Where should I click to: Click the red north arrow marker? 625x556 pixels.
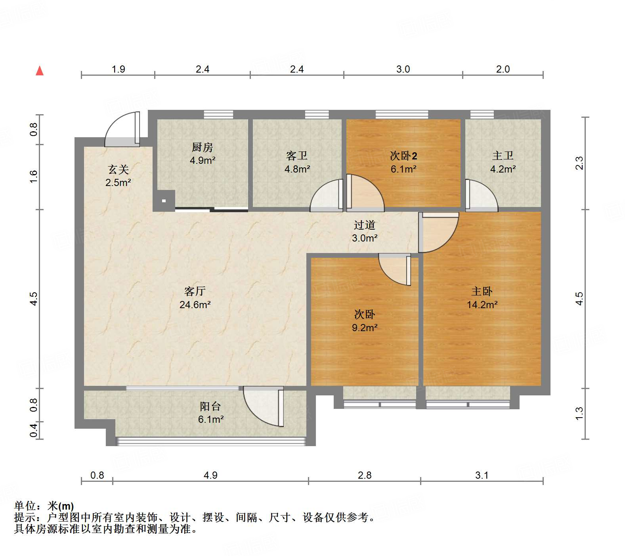(40, 71)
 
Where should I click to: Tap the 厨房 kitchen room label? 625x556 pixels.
(202, 154)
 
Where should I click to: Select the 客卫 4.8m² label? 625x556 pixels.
(297, 162)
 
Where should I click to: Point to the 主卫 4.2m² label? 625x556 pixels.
(503, 162)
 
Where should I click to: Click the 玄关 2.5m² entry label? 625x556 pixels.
(118, 176)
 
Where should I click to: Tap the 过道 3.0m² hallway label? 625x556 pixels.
(364, 231)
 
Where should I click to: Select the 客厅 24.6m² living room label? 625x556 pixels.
(195, 298)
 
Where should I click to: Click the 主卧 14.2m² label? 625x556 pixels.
(482, 298)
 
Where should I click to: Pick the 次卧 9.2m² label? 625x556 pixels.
(364, 321)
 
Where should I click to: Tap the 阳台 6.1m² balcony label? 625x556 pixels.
(210, 412)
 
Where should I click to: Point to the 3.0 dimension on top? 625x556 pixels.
(403, 69)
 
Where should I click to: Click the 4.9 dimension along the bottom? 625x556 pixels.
(210, 475)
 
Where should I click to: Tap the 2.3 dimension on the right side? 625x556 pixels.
(579, 163)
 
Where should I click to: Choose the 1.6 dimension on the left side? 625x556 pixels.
(34, 176)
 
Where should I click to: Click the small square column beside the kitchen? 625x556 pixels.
(164, 201)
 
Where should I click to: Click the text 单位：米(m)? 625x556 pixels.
(44, 506)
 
